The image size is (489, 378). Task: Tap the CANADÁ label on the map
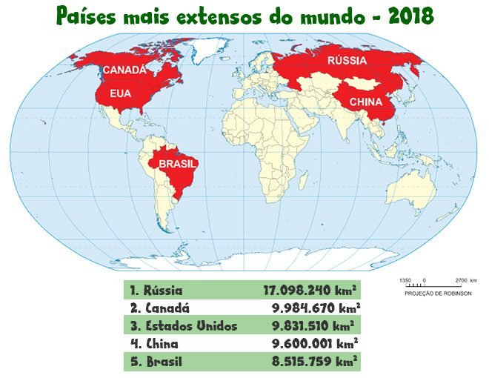[124, 70]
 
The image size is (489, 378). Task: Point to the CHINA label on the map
[365, 102]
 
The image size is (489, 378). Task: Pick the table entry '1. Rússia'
[156, 290]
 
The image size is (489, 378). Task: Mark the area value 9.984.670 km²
[316, 308]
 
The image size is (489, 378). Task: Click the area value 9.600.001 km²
[316, 345]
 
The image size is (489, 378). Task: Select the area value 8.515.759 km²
[316, 362]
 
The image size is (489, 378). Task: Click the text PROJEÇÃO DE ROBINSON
[438, 293]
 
